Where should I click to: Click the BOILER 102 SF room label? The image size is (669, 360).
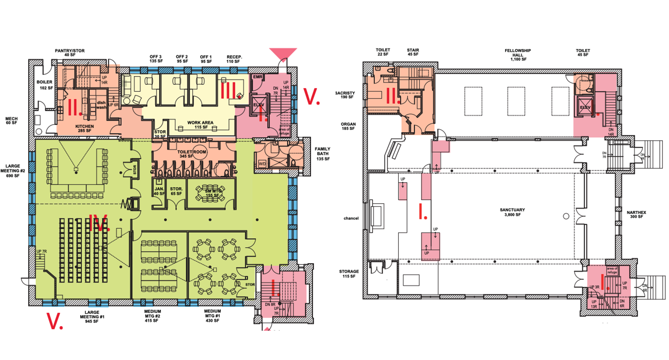point(45,85)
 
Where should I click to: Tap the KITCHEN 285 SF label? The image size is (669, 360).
point(84,128)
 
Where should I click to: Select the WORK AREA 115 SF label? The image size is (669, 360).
point(200,125)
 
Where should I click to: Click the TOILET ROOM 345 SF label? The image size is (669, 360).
point(192,154)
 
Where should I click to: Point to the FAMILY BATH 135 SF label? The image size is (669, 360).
point(322,154)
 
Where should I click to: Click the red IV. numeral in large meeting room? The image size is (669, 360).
point(98,223)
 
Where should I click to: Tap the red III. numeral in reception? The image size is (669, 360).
point(229,90)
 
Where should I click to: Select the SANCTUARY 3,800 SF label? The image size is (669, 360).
point(512,212)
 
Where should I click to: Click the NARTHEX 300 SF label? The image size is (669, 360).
point(636,214)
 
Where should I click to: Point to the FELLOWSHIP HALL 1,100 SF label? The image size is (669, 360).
point(517,55)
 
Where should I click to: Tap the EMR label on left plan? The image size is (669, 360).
point(257,77)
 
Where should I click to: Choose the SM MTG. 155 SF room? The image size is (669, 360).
point(211,193)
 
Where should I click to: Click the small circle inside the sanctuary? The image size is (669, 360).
point(566,216)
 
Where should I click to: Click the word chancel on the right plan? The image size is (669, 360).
point(351,218)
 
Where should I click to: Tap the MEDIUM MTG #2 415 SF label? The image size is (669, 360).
point(152,316)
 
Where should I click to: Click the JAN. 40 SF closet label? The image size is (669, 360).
point(159,191)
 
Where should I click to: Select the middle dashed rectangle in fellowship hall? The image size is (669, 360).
point(516,101)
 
